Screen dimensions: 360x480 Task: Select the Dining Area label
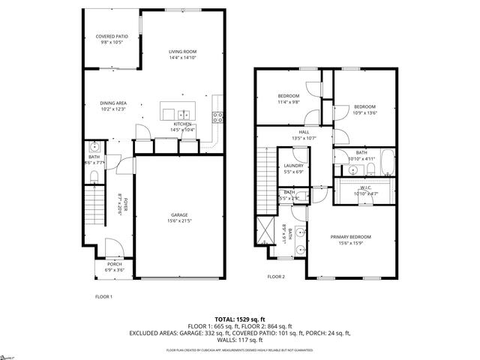coord(113,106)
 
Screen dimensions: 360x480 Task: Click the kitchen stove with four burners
coord(217,116)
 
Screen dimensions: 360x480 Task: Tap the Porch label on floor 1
coord(115,266)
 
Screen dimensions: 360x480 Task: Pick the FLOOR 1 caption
coord(103,297)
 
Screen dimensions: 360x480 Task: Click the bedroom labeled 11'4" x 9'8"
coord(289,99)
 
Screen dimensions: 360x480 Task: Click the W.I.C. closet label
coord(366,191)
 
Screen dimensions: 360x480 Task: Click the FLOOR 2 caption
coord(277,277)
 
